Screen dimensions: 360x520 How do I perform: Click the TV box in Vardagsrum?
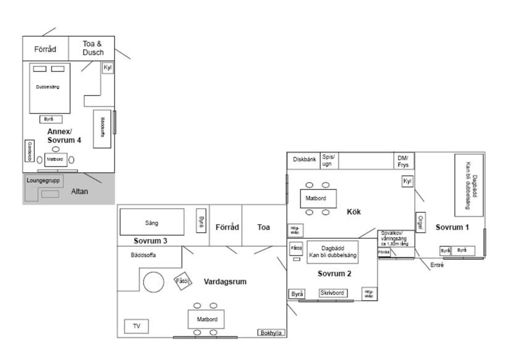(136, 326)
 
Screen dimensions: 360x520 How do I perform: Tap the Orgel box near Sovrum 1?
(420, 222)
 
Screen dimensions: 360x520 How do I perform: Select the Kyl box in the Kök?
(407, 182)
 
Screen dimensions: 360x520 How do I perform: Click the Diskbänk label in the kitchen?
(304, 159)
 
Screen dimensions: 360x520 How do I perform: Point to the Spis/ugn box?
(329, 161)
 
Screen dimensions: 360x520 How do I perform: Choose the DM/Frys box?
(403, 161)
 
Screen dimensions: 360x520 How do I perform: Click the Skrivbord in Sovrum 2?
(333, 293)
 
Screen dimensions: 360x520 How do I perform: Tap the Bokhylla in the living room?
(272, 333)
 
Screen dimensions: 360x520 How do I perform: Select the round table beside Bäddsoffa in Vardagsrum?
(154, 282)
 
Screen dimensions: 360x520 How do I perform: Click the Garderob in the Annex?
(29, 151)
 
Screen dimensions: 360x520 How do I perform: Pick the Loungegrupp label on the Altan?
(43, 180)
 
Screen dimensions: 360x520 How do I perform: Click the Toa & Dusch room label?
(93, 48)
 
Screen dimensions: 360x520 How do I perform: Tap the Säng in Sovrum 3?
(152, 222)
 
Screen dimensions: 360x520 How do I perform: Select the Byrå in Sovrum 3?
(201, 221)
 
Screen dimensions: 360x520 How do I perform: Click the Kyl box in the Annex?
(108, 68)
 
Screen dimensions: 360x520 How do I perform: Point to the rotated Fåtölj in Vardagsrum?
(183, 282)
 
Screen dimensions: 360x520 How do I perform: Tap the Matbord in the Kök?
(318, 198)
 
